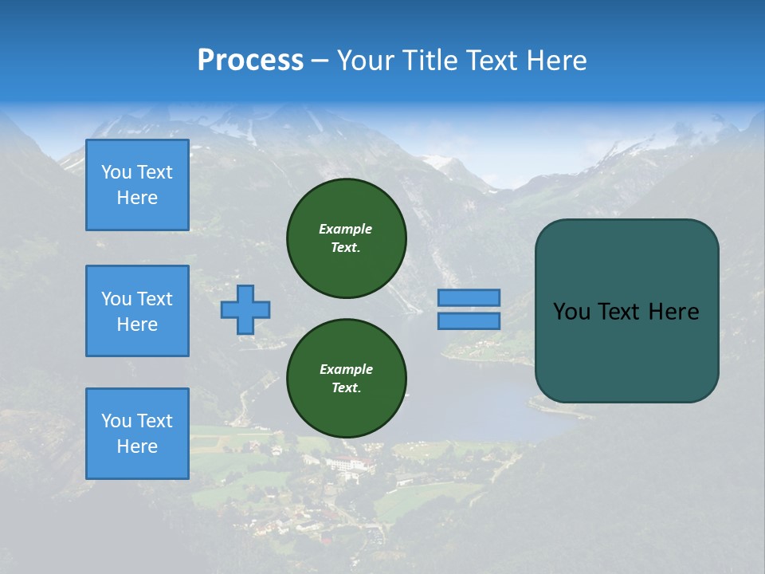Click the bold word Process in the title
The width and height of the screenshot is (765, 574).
point(250,61)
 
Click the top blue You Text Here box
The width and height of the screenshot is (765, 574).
point(137,185)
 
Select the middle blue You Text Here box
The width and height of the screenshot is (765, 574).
point(137,311)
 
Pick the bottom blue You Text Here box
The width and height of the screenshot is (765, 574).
point(137,434)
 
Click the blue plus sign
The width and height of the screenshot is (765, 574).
point(245,309)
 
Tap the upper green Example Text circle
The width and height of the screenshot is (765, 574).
point(347,238)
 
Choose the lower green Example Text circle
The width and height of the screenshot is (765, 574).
point(347,379)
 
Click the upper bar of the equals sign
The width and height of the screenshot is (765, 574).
point(469,297)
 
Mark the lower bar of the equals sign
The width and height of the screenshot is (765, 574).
point(469,320)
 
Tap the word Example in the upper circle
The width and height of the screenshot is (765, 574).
point(346,229)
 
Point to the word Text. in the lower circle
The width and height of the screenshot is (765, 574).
point(347,388)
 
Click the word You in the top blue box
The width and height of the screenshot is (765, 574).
point(116,172)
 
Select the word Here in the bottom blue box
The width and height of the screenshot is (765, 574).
point(137,446)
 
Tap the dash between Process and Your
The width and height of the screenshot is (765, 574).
point(320,61)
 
